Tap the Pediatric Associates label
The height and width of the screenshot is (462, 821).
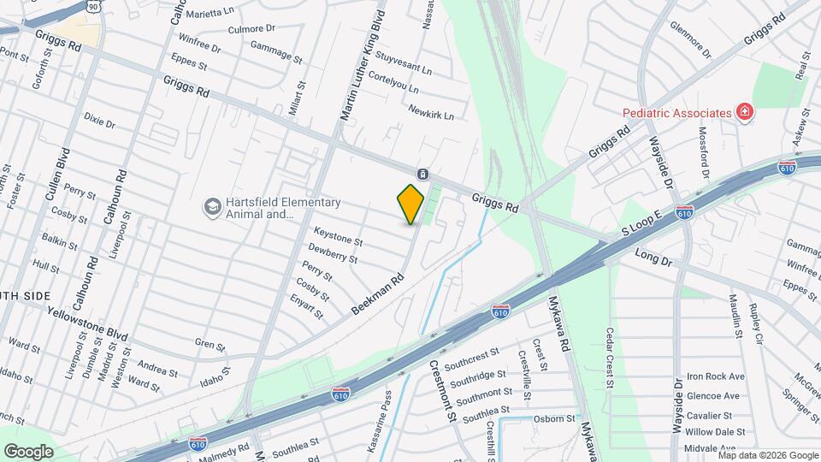pyautogui.click(x=676, y=112)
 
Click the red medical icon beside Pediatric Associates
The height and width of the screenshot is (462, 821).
pyautogui.click(x=745, y=112)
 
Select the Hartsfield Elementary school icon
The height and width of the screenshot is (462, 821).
pyautogui.click(x=211, y=206)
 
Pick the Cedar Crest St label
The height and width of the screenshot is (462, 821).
pyautogui.click(x=611, y=358)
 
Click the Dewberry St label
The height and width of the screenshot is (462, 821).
pyautogui.click(x=333, y=253)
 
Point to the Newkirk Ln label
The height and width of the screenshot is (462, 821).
pyautogui.click(x=430, y=111)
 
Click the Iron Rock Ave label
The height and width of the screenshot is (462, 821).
pyautogui.click(x=716, y=376)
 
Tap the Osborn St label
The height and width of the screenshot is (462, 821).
pyautogui.click(x=555, y=418)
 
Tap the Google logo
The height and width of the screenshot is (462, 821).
pyautogui.click(x=28, y=451)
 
